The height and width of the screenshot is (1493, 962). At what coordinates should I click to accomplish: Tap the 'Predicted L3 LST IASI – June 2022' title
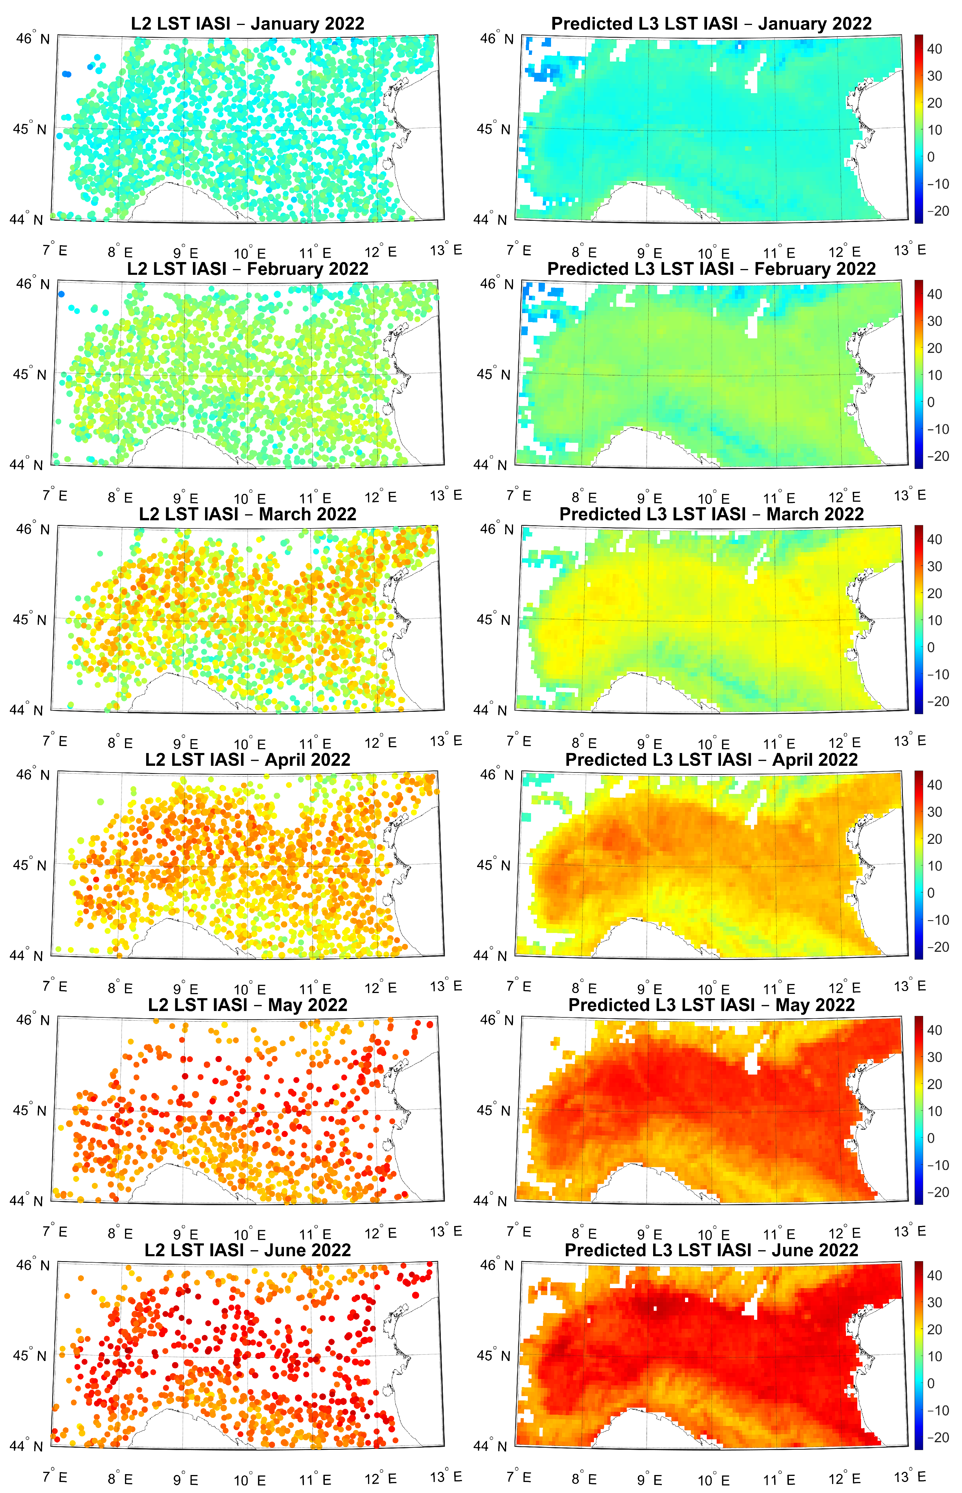click(x=711, y=1250)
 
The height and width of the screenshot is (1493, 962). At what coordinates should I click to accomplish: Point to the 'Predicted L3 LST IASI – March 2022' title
click(x=711, y=514)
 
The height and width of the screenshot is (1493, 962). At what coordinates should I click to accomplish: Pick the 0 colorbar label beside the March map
click(x=931, y=647)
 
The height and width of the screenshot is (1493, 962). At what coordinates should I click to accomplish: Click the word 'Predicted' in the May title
click(x=606, y=1005)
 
